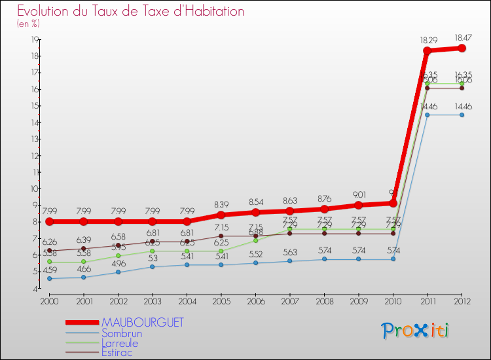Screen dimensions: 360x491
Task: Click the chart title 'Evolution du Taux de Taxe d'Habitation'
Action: [130, 12]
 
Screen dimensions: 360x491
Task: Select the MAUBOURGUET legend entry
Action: [142, 323]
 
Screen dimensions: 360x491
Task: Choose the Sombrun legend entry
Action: [121, 333]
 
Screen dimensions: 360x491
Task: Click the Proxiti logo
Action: [416, 331]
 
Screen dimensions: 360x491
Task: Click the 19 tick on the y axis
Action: [33, 39]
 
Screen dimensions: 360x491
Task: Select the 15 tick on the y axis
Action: [33, 105]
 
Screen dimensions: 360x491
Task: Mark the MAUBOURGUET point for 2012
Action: [462, 48]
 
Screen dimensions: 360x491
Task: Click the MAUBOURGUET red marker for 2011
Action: [427, 51]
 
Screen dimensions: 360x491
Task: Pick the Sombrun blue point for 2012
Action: [462, 115]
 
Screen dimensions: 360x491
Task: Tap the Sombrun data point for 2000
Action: [49, 278]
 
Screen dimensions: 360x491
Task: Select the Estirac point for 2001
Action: [83, 249]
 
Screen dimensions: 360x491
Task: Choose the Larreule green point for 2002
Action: [118, 255]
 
